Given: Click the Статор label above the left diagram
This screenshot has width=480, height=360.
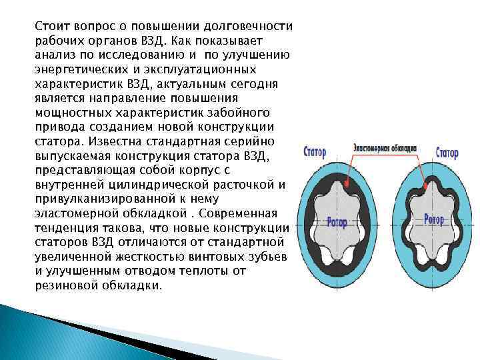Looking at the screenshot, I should point(314,152).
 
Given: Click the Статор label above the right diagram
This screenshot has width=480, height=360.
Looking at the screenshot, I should point(447,153).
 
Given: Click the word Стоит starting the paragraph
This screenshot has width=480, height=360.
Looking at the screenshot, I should point(51,26).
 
